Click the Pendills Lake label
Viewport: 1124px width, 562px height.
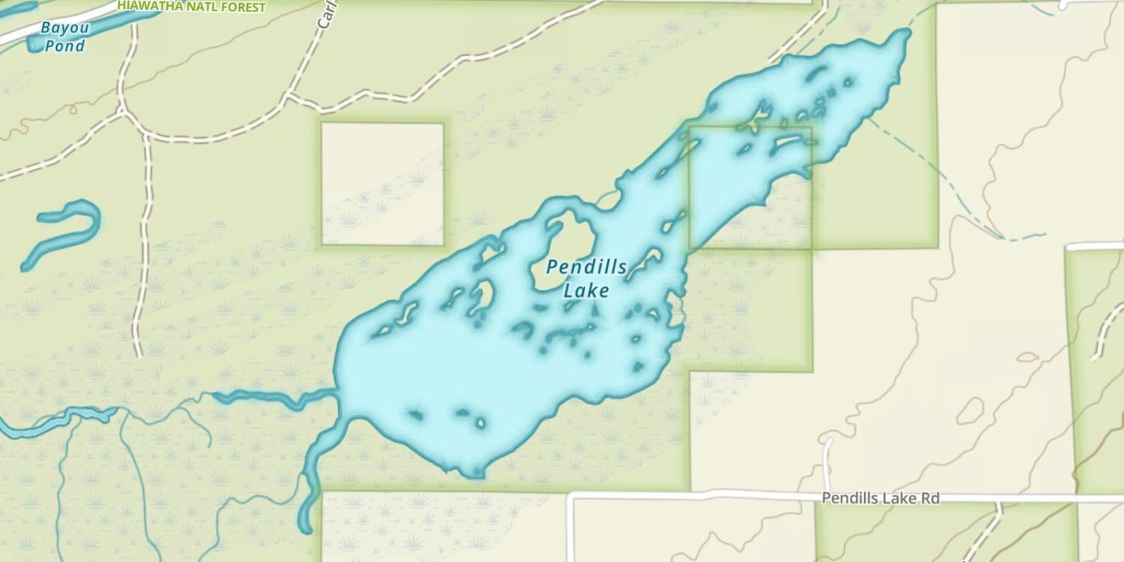point(586,278)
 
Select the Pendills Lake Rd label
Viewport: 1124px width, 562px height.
point(880,498)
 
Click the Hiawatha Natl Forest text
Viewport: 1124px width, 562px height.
point(191,7)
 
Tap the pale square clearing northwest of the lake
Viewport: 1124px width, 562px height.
point(382,184)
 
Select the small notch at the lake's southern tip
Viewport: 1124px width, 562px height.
point(474,474)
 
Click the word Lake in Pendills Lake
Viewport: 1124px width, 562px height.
point(586,289)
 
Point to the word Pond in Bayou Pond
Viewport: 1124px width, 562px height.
point(64,46)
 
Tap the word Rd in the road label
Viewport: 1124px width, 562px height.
point(930,498)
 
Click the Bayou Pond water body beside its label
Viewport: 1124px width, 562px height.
point(34,43)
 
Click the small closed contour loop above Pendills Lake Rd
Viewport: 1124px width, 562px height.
point(970,411)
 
